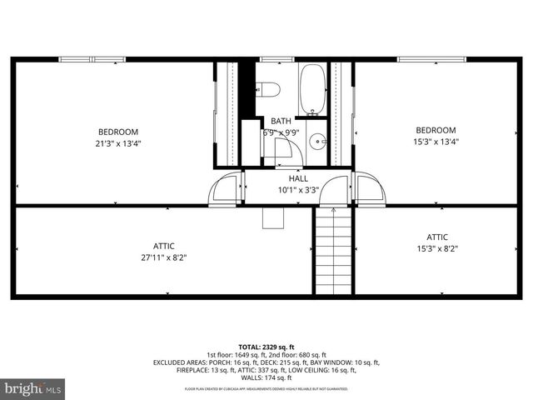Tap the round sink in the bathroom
[317, 141]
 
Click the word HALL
[298, 178]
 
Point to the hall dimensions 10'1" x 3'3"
[298, 190]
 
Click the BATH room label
[281, 121]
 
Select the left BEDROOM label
[118, 132]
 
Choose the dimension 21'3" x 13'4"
[118, 142]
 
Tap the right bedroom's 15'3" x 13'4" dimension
[436, 142]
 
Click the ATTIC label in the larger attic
[163, 246]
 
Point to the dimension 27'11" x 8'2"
[163, 257]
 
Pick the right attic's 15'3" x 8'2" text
[437, 248]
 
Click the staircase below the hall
[332, 249]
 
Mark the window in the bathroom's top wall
[271, 59]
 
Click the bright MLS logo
[33, 387]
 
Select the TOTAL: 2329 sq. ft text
[266, 347]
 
